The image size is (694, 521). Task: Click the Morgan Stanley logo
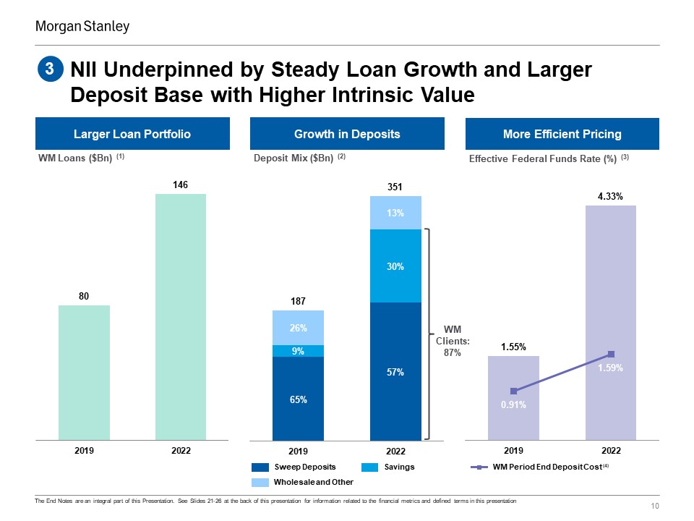(82, 27)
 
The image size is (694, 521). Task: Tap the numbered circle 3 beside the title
(50, 69)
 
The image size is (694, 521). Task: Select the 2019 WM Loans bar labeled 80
(84, 373)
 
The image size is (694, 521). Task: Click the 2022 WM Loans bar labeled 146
(181, 317)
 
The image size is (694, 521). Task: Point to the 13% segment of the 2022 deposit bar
(395, 213)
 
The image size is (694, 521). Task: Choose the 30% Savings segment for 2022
(395, 266)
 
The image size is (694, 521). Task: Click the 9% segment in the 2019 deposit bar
(299, 351)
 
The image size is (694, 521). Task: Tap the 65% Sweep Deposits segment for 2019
(299, 399)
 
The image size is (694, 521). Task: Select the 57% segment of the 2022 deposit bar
(395, 372)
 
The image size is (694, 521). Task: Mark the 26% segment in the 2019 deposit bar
(299, 328)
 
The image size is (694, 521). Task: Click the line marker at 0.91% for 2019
(513, 391)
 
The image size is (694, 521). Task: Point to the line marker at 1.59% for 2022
(612, 354)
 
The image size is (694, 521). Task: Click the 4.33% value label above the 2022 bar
(610, 196)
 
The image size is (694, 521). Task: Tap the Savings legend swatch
(369, 467)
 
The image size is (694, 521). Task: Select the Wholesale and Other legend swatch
(260, 483)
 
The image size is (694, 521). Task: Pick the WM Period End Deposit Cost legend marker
(479, 467)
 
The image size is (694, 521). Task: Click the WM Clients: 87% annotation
(453, 341)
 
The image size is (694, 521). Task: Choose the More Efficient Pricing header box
(562, 134)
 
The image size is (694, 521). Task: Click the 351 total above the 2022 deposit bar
(395, 187)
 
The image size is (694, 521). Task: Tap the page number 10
(655, 506)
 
